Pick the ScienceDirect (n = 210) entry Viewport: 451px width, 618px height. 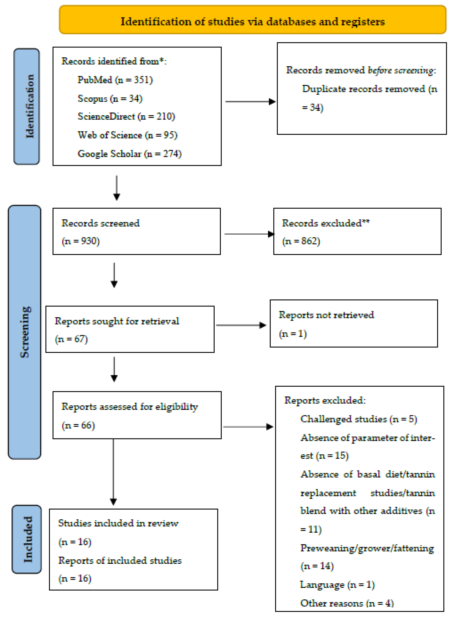(126, 117)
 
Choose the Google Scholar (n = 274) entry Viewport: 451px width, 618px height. (129, 154)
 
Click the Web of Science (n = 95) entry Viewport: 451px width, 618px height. (127, 135)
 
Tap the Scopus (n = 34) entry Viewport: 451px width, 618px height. (110, 98)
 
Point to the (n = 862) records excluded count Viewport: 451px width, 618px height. (301, 241)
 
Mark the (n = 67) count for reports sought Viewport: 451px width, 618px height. (71, 339)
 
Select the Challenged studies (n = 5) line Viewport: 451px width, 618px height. (359, 419)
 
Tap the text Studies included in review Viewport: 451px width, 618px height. (118, 523)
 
